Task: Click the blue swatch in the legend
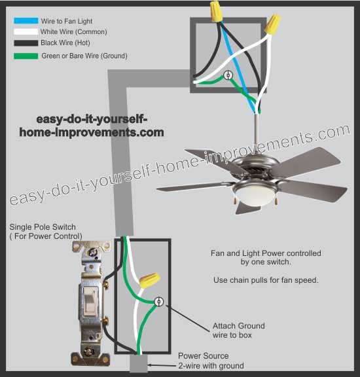26,21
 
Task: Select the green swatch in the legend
26,56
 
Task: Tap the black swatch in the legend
26,43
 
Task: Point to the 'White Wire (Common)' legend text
73,31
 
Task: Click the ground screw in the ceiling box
228,75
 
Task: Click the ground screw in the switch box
158,302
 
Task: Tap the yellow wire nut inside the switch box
150,280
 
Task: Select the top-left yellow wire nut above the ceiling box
215,11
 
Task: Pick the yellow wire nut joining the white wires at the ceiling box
273,24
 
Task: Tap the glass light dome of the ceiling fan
255,195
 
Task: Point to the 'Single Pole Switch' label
43,226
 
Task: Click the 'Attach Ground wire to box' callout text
238,331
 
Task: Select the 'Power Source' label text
203,355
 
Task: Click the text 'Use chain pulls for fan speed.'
266,280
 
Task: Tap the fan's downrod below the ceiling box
257,130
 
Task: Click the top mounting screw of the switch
92,253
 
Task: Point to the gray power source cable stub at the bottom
139,363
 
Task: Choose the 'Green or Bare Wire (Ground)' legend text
84,56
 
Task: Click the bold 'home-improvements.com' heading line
92,132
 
